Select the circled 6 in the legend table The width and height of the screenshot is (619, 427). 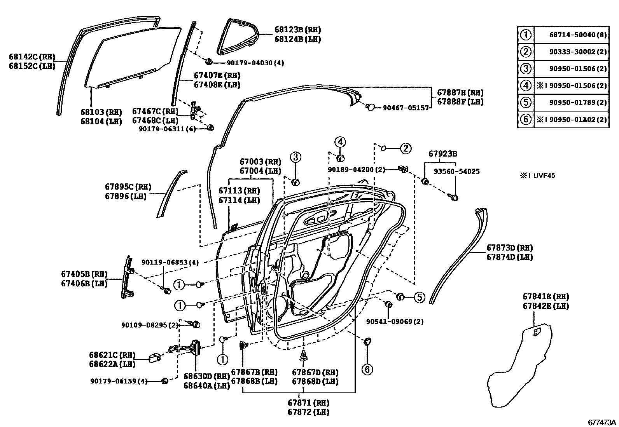[x=526, y=119]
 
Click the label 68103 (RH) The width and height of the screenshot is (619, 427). [x=101, y=112]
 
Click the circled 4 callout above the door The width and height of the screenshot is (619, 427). [x=340, y=142]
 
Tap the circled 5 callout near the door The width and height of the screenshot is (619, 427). [x=419, y=298]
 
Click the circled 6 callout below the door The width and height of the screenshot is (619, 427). [x=367, y=369]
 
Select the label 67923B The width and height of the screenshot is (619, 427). [x=443, y=154]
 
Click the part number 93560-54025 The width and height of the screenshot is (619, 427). [x=457, y=171]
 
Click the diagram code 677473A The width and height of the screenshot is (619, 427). [x=602, y=422]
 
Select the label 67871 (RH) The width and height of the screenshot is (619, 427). [x=308, y=403]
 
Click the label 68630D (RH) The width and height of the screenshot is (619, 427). [x=206, y=376]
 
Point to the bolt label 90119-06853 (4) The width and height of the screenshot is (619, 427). [x=170, y=263]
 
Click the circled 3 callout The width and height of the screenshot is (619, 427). [x=296, y=157]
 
